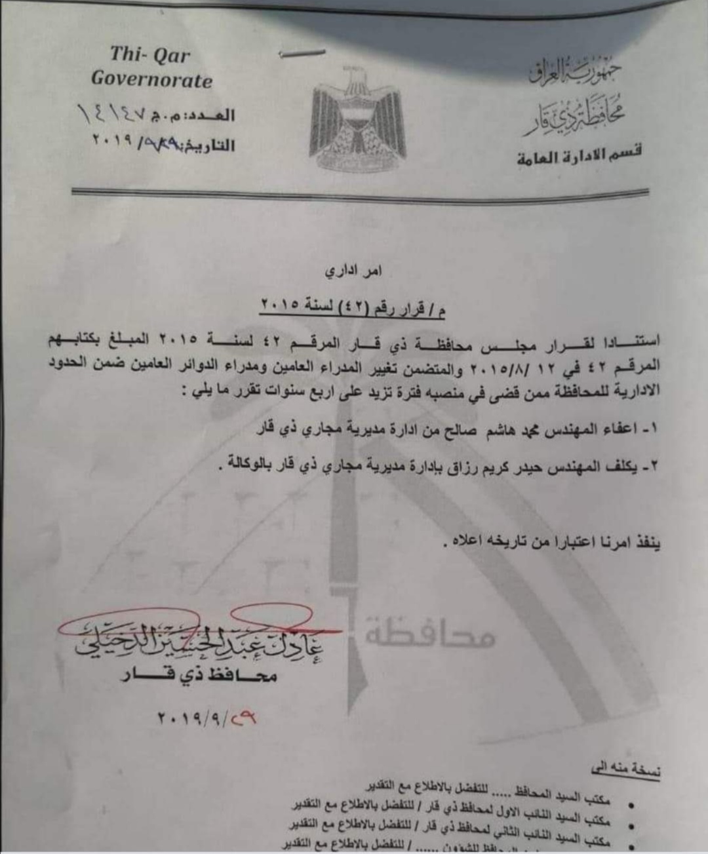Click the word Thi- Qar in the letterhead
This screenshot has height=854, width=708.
(149, 54)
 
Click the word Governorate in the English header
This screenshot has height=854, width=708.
(151, 80)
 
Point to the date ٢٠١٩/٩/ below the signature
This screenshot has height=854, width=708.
(197, 718)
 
